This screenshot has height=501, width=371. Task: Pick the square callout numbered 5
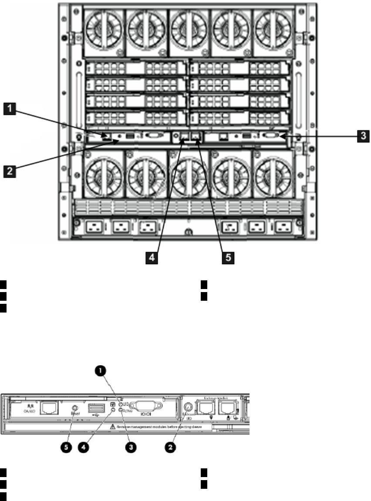(x=229, y=257)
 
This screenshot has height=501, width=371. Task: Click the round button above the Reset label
(x=75, y=409)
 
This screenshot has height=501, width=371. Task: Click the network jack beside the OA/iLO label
(x=47, y=409)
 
